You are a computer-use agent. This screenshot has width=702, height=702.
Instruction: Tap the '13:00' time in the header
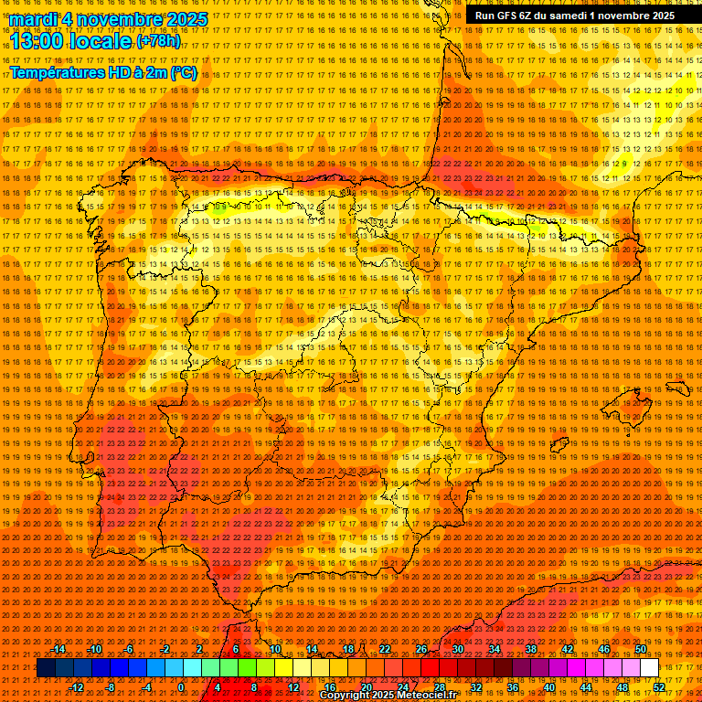(37, 40)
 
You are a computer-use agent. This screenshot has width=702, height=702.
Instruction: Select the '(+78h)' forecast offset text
(158, 41)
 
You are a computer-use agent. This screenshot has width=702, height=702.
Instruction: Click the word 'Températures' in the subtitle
(57, 72)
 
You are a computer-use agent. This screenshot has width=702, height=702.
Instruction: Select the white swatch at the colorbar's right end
(650, 668)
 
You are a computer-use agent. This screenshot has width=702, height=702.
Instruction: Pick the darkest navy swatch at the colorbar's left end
(46, 668)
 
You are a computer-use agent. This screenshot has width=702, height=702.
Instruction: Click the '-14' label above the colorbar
(58, 649)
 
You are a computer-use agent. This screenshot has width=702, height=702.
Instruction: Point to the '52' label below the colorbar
(659, 687)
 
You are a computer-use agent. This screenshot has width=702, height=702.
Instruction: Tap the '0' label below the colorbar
(181, 687)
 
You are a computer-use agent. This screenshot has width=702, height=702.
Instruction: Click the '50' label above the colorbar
(641, 649)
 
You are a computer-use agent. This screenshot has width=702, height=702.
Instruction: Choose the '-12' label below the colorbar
(77, 687)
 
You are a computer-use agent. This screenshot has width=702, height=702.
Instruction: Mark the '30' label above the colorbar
(457, 649)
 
